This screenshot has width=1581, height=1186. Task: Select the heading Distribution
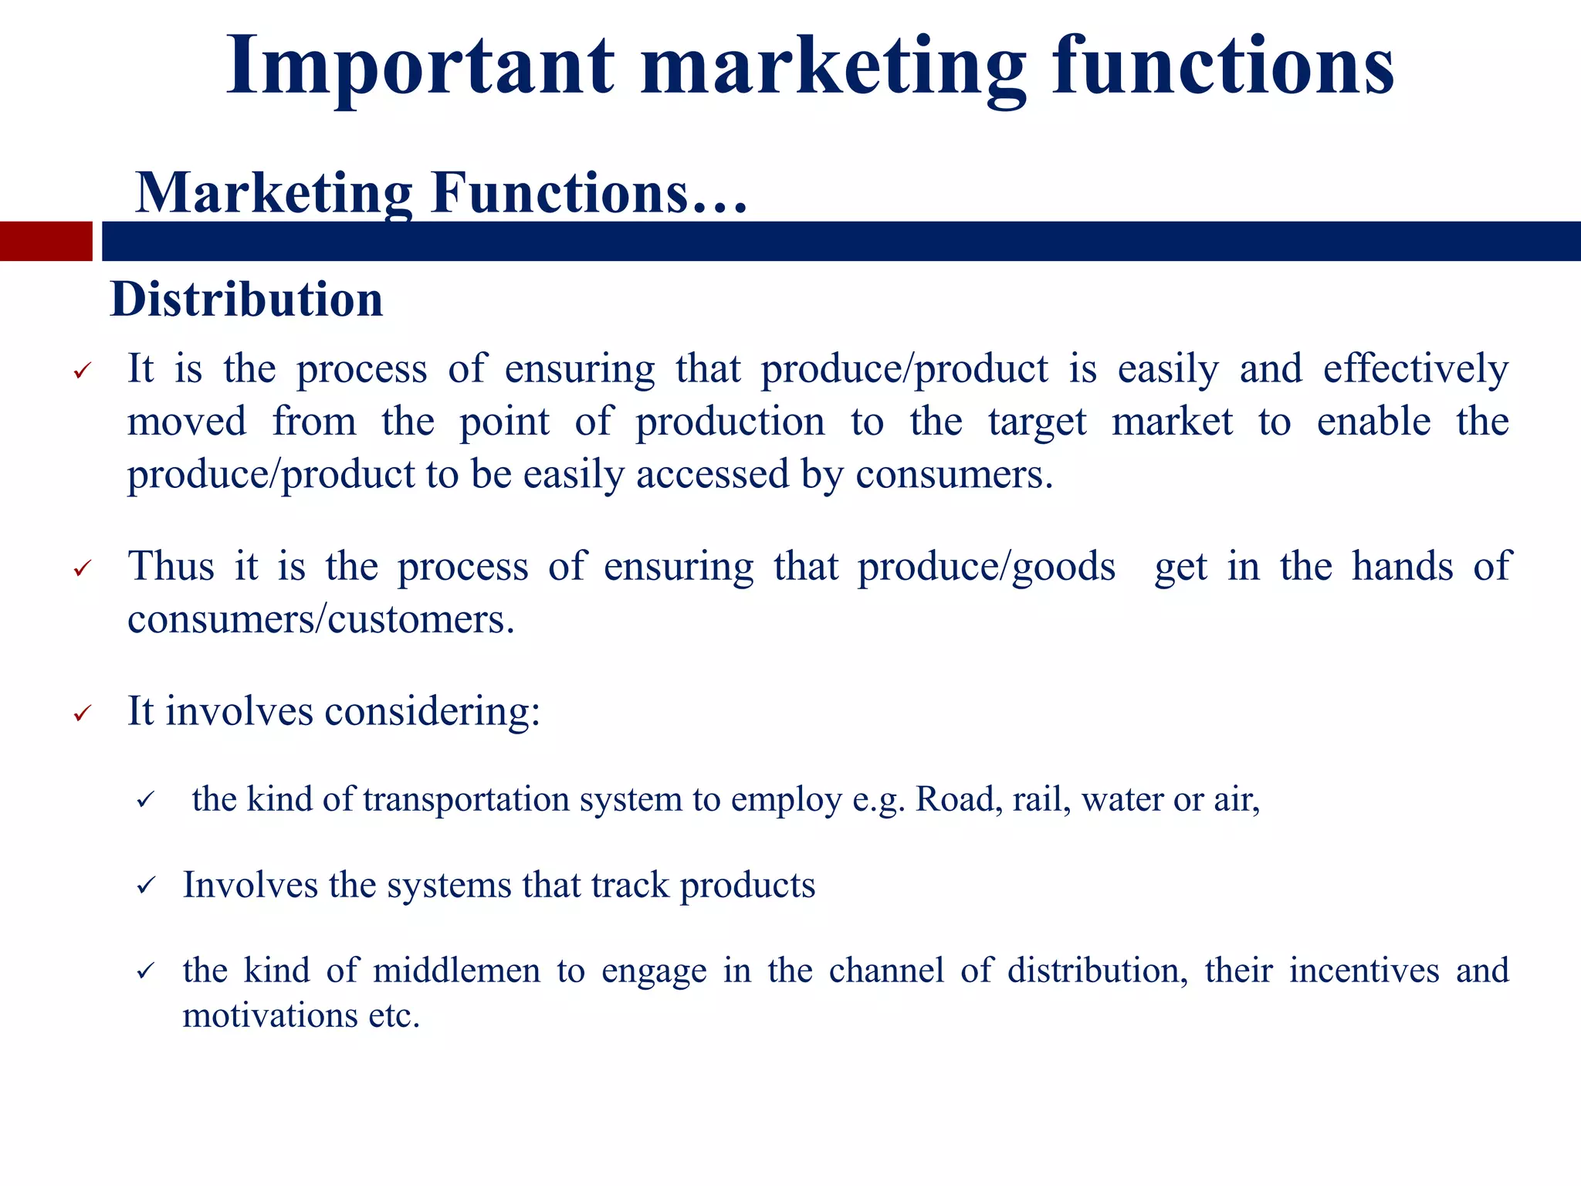click(247, 300)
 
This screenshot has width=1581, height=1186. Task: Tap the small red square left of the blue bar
click(46, 241)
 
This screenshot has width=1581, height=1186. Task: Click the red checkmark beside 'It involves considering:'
click(83, 713)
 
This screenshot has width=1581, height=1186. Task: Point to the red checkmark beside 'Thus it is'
click(83, 569)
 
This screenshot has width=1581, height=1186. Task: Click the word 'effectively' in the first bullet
click(1416, 369)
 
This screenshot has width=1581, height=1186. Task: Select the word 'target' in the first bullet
click(1038, 422)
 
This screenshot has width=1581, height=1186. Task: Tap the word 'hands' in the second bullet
click(1403, 567)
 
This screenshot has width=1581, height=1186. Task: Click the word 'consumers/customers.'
click(321, 619)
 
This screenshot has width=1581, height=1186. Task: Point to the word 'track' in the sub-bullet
click(630, 886)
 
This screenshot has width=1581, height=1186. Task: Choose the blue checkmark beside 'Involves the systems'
click(146, 886)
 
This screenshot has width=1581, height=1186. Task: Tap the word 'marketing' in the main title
click(834, 68)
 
